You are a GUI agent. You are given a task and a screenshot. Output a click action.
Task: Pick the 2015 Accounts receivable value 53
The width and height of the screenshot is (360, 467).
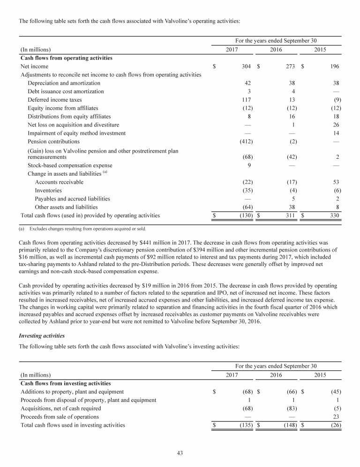[335, 182]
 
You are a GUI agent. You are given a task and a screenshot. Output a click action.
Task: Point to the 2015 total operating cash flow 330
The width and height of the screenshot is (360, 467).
[334, 215]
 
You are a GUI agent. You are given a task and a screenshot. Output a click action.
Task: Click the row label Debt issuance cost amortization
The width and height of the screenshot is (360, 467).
[66, 91]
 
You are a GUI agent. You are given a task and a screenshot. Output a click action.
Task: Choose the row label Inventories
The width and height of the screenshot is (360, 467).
[48, 190]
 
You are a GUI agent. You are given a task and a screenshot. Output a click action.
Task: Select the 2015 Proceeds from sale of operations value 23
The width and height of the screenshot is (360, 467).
[336, 417]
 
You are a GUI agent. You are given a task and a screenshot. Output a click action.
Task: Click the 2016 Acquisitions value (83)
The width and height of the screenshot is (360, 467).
[289, 408]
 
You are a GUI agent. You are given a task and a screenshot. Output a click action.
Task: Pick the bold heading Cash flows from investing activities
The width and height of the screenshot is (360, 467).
[66, 384]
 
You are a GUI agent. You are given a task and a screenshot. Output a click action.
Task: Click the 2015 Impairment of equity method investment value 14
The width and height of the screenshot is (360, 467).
[336, 133]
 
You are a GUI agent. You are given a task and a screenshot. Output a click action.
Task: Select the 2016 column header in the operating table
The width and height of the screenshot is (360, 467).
[276, 49]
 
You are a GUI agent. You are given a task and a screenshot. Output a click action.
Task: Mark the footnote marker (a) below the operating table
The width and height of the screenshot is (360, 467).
[23, 229]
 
